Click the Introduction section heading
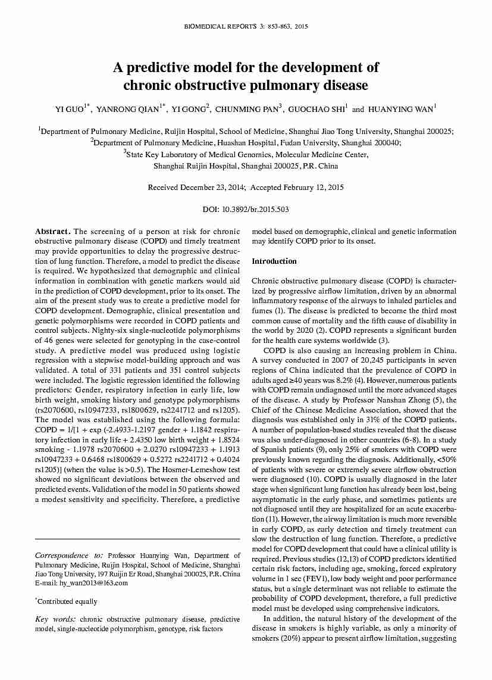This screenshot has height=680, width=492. click(x=274, y=261)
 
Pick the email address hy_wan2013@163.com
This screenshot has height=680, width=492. click(x=90, y=583)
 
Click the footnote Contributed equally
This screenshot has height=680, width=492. click(x=67, y=601)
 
